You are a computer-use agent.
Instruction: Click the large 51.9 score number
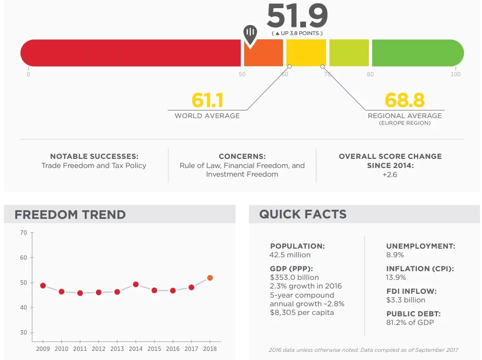click(x=297, y=16)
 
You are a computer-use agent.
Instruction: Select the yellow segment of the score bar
click(x=306, y=53)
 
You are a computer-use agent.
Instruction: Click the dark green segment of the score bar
click(x=417, y=53)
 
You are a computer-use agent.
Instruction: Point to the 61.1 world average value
click(x=207, y=100)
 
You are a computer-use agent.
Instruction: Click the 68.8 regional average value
click(x=404, y=100)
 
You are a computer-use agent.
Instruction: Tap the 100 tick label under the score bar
click(x=455, y=74)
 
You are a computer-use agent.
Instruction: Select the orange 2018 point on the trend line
click(x=210, y=278)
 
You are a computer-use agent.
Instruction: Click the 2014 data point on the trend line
click(x=136, y=284)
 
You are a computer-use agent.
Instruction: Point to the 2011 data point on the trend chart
click(x=80, y=293)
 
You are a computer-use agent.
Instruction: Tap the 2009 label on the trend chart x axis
click(x=43, y=349)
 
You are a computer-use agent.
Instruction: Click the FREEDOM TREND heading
click(x=70, y=215)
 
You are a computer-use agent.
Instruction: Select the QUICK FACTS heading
click(x=303, y=215)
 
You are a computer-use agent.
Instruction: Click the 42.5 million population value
click(x=290, y=255)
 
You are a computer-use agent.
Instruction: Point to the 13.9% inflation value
click(x=396, y=277)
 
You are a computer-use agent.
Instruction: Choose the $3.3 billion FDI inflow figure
click(x=406, y=300)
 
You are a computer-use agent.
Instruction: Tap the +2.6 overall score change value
click(x=390, y=174)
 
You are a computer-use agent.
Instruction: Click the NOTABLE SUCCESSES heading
click(x=94, y=156)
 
